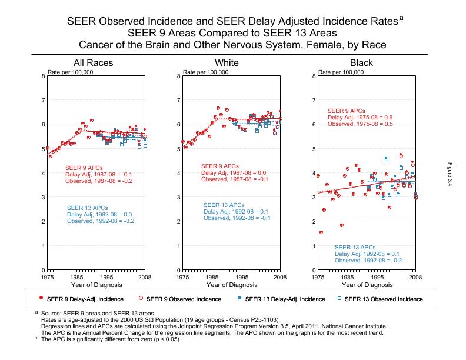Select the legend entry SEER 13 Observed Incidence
pos(383,299)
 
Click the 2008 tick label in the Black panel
pos(415,276)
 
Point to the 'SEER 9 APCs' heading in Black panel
pos(347,111)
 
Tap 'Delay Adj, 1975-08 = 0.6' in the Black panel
pos(360,118)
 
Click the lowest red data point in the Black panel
pos(321,232)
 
